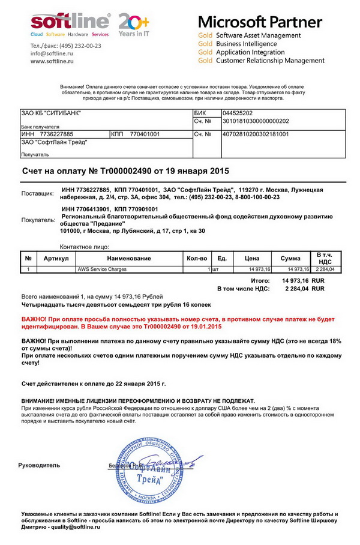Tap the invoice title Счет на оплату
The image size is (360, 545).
pos(125,171)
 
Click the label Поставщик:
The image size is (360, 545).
pos(37,193)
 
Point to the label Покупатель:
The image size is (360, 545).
pos(38,220)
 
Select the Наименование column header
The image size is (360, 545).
pos(129,258)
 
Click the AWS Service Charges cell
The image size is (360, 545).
pos(102,269)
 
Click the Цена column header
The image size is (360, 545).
pos(253,258)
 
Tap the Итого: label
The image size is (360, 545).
pos(260,280)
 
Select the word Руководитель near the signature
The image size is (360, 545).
pos(39,465)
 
